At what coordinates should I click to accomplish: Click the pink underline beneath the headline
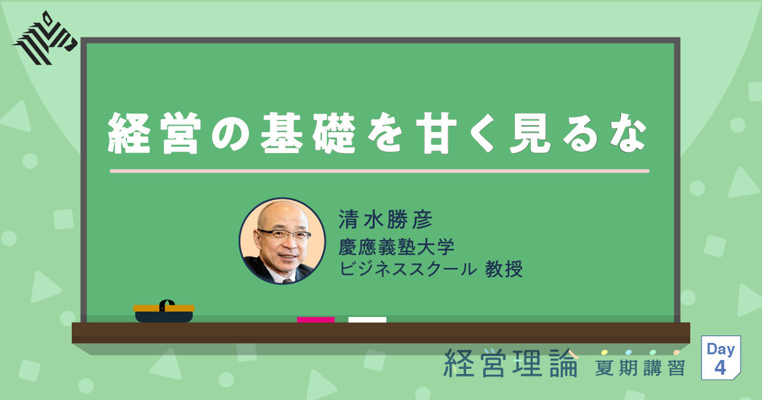[379, 171]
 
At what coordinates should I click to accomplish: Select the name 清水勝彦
[386, 221]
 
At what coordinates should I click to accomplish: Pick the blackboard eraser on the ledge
[164, 311]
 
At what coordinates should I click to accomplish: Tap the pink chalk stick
[316, 319]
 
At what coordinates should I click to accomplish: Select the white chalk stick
[367, 319]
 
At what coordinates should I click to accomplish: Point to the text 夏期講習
[640, 367]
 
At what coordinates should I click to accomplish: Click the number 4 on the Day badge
[720, 368]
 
